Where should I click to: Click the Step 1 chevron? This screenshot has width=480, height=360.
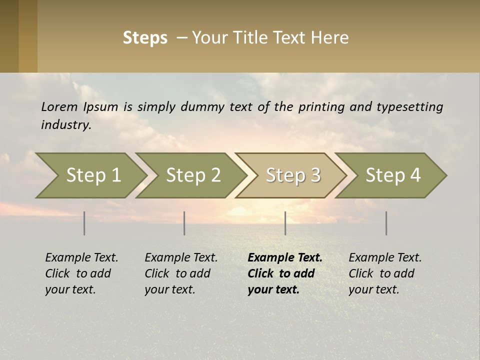pyautogui.click(x=93, y=175)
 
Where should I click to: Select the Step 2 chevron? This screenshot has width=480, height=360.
pyautogui.click(x=193, y=175)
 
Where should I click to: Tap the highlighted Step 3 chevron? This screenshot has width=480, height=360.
pyautogui.click(x=293, y=175)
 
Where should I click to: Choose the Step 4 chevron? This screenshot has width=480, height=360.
pyautogui.click(x=393, y=175)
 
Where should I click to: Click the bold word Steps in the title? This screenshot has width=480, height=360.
pyautogui.click(x=145, y=38)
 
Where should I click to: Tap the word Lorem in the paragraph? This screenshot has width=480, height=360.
pyautogui.click(x=59, y=106)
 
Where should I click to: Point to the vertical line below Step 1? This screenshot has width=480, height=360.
pyautogui.click(x=84, y=223)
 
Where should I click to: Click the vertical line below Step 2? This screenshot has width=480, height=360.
pyautogui.click(x=184, y=223)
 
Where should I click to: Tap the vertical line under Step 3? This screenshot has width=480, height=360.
pyautogui.click(x=285, y=223)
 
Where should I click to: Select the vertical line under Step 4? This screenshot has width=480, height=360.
pyautogui.click(x=386, y=223)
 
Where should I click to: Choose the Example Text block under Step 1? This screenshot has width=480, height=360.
pyautogui.click(x=81, y=273)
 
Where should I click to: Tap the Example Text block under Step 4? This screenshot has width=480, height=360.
pyautogui.click(x=385, y=273)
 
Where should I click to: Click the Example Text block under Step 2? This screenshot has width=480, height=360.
pyautogui.click(x=181, y=273)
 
